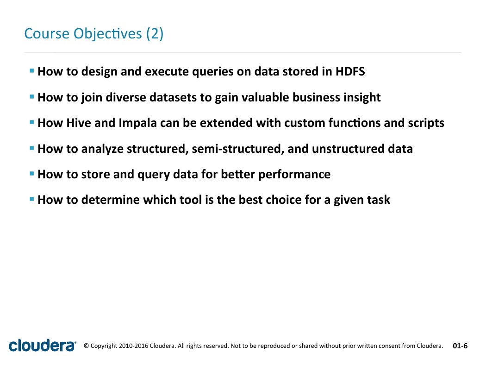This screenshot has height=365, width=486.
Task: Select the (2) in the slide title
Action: [x=155, y=34]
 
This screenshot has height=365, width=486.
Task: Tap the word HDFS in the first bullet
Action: [x=350, y=71]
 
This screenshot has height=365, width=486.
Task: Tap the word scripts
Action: [x=426, y=124]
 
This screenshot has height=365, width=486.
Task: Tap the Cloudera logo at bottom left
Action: [x=43, y=345]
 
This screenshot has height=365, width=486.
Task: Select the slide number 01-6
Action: [x=460, y=346]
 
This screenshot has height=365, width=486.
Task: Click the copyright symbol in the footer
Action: [x=86, y=346]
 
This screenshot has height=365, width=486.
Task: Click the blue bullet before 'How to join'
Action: [x=31, y=97]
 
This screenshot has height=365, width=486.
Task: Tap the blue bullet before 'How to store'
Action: [x=31, y=174]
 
